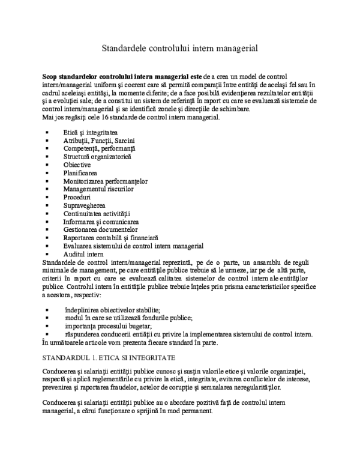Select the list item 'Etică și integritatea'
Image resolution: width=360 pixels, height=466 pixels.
90,132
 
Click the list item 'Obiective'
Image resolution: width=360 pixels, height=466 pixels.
77,165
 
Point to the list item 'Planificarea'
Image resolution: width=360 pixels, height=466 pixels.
80,173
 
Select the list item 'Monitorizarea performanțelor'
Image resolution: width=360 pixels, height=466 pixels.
105,181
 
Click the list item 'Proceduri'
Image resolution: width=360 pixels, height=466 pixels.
77,197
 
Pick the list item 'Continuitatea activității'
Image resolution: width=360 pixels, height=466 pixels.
96,213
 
